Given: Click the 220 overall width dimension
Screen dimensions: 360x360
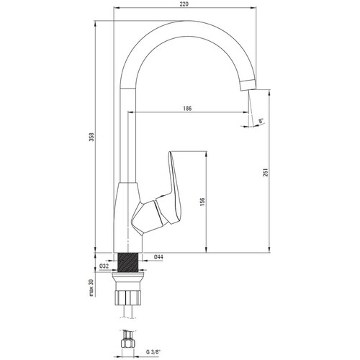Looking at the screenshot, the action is click(184, 4).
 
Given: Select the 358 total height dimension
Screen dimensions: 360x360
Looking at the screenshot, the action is click(92, 137).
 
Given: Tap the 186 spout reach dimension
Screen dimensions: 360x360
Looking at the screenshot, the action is click(187, 109).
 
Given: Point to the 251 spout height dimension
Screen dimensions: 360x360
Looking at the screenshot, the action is click(265, 172).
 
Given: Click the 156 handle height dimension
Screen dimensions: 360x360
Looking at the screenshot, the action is click(202, 202).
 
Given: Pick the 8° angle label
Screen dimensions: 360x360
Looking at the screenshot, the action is click(261, 120).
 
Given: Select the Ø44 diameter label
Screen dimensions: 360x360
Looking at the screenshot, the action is click(158, 257).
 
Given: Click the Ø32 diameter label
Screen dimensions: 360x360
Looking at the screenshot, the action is click(104, 266).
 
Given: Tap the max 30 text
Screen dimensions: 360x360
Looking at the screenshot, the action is click(91, 288).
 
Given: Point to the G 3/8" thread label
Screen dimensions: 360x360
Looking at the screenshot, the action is click(153, 352).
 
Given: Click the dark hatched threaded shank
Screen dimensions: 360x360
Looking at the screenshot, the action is click(128, 261).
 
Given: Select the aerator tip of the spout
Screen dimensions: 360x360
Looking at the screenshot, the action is click(248, 84).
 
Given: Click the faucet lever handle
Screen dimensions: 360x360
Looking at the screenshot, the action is click(174, 188).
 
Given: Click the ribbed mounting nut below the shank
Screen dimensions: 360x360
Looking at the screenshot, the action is click(128, 297).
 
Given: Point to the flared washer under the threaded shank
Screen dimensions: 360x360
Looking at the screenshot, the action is click(128, 276).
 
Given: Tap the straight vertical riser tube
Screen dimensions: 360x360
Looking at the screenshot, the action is click(128, 135).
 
